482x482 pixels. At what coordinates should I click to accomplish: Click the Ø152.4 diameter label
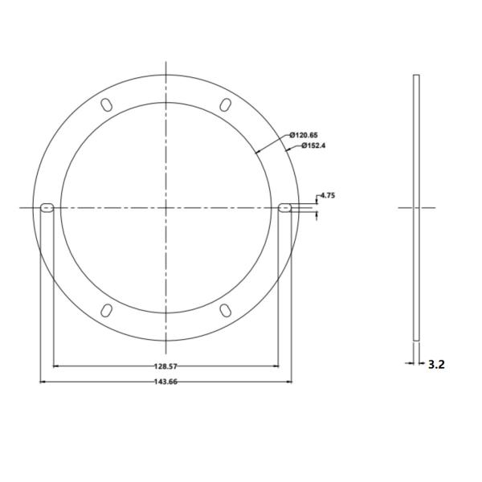315,145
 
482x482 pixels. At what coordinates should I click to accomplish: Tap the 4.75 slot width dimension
327,195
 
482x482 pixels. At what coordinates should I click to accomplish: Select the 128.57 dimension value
165,366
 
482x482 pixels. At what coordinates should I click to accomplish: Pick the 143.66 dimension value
165,382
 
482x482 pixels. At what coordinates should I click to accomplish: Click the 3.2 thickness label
436,364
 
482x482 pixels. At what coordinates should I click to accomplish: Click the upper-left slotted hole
106,104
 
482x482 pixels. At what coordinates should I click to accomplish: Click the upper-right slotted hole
226,104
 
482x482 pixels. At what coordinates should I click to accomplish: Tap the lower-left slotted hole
106,311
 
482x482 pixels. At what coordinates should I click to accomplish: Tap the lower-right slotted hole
226,311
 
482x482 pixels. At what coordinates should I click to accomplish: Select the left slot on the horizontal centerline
46,207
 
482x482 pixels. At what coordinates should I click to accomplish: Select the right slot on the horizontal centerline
285,207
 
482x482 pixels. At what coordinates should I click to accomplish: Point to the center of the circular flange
165,207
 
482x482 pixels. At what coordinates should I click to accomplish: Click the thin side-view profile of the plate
416,207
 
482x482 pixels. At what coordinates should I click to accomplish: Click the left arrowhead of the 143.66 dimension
42,382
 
